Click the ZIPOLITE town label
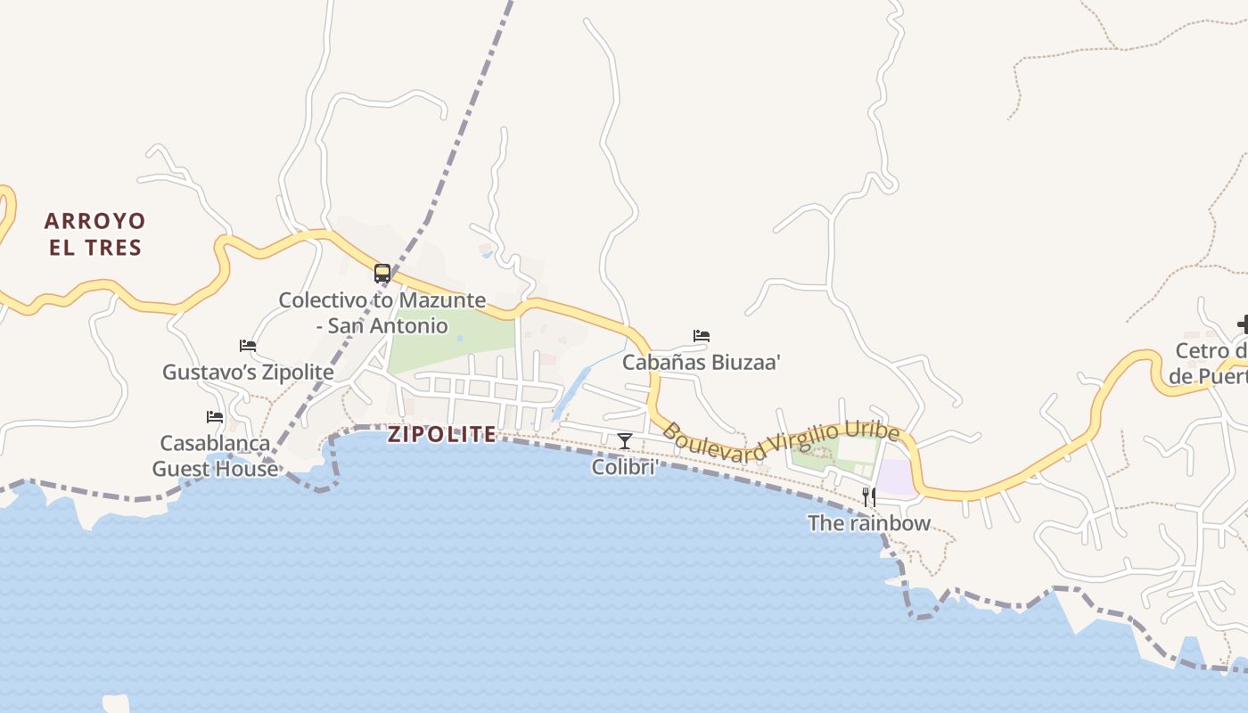(442, 434)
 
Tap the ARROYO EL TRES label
(94, 234)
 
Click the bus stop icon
(382, 274)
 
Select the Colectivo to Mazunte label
(382, 312)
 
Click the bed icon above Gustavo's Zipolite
(248, 346)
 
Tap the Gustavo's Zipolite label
(248, 372)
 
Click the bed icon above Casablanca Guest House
(215, 417)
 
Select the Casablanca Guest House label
(215, 455)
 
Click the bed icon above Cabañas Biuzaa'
(702, 336)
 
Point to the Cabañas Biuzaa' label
(702, 362)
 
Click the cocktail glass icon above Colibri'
(625, 441)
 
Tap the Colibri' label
(625, 466)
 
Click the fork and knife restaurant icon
(868, 497)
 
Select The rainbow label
(869, 523)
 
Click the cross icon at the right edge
(1243, 324)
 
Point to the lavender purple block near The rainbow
(896, 477)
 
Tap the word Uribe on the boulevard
(873, 430)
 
